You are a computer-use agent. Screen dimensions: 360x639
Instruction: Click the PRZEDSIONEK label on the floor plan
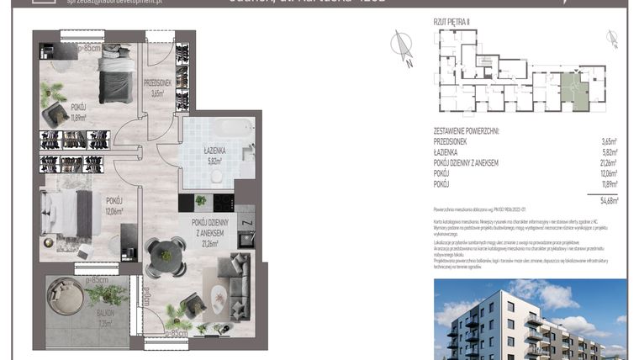pos(158,83)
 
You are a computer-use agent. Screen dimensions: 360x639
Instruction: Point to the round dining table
pos(166,251)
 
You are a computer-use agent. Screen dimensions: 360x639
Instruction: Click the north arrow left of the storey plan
pos(403,45)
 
